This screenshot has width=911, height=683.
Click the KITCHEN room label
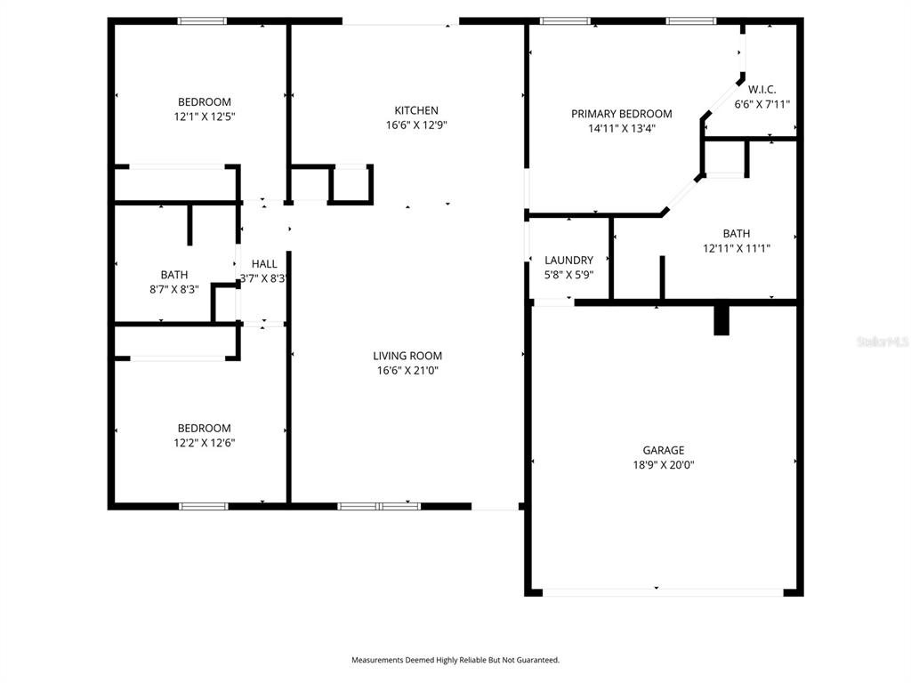(x=416, y=110)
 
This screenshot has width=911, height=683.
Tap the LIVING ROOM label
(x=407, y=356)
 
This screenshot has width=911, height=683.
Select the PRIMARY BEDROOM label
(x=622, y=114)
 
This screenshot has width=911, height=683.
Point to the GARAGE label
(x=664, y=450)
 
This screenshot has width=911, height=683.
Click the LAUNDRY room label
(x=568, y=261)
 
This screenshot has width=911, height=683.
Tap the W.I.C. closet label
(x=762, y=90)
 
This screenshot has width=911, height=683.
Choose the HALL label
(x=263, y=263)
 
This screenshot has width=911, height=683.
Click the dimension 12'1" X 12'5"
(x=205, y=117)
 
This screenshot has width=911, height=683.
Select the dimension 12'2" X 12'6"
(x=205, y=443)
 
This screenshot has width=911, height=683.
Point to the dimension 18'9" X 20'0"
(x=664, y=465)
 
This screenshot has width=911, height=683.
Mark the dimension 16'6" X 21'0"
(x=407, y=371)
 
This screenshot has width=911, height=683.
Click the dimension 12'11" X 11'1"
(x=737, y=249)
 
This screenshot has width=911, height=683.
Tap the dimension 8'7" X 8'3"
(x=174, y=289)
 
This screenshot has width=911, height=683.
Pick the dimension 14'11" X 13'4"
(x=622, y=128)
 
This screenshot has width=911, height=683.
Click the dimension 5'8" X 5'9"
(x=568, y=275)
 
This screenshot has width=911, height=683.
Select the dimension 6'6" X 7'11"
(x=762, y=105)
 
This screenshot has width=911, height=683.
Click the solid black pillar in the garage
(x=721, y=320)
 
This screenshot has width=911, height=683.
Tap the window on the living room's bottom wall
(x=379, y=506)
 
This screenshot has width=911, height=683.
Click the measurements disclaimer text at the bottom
(x=455, y=661)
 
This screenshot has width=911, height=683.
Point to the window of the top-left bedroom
(x=202, y=21)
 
